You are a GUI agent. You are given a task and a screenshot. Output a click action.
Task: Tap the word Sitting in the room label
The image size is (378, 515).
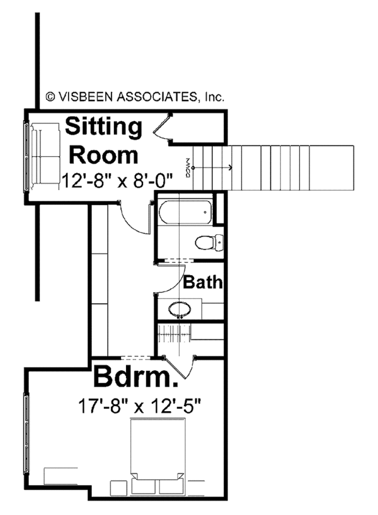(x=104, y=127)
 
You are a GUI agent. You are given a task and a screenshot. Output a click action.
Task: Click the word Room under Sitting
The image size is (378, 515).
(x=103, y=154)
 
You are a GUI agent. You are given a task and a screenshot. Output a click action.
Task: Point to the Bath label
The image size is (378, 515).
(x=203, y=283)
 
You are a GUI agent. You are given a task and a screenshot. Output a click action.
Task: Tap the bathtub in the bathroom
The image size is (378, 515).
(x=183, y=212)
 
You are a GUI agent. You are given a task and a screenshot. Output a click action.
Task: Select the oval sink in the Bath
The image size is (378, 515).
(x=179, y=309)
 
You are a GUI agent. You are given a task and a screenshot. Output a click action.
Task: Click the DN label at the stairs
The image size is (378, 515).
(x=187, y=167)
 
